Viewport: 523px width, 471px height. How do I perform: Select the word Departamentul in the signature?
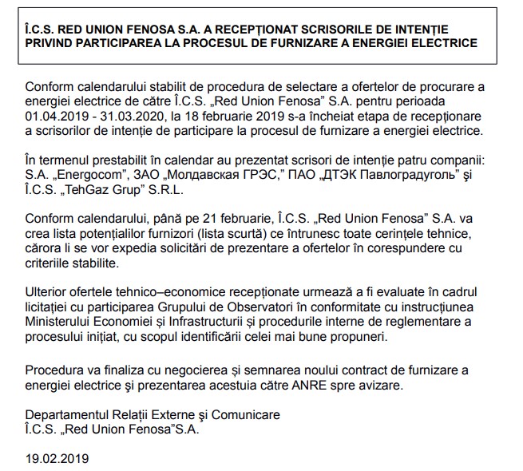[x=66, y=416]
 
